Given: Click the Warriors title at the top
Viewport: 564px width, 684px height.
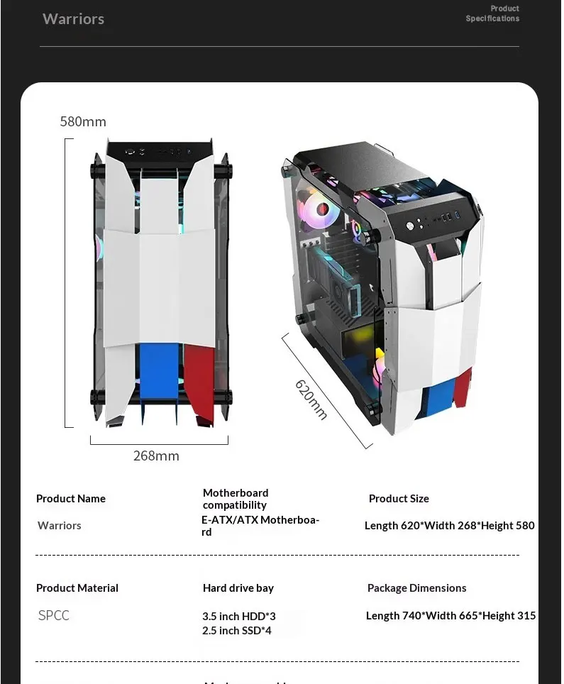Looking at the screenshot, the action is click(x=73, y=19).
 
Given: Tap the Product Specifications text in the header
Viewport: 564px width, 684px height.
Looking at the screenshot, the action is click(x=492, y=13).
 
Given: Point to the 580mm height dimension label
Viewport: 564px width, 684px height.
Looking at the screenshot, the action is click(x=83, y=122).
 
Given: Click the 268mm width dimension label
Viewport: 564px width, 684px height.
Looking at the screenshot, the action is click(x=156, y=456).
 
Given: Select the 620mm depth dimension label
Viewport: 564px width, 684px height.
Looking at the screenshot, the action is click(x=311, y=399).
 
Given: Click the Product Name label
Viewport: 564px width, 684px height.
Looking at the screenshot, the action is click(x=71, y=499).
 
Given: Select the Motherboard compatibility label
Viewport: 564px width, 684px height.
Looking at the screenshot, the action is click(x=236, y=499).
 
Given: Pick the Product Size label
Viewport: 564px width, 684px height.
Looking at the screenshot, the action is click(x=399, y=499).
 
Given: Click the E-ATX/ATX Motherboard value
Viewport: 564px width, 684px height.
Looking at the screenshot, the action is click(x=260, y=526).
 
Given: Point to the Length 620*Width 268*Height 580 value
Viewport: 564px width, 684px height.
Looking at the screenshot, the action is click(x=450, y=526).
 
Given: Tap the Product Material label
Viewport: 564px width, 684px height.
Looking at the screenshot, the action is click(x=77, y=588).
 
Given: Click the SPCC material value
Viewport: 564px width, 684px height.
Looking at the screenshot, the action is click(x=54, y=615).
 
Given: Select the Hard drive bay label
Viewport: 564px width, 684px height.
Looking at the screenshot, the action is click(x=238, y=588).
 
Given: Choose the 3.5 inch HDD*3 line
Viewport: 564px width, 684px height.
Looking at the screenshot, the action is click(x=239, y=617).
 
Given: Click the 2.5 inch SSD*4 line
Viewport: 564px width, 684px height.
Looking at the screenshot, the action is click(x=237, y=631).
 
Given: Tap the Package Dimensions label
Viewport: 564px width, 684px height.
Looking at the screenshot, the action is click(x=417, y=588).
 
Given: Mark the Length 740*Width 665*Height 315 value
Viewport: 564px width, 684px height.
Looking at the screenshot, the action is click(x=451, y=616).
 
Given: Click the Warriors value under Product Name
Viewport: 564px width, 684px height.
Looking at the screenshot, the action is click(x=60, y=526).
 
